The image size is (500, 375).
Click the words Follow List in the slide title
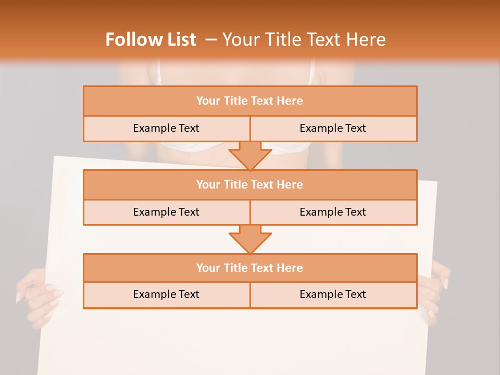click(151, 40)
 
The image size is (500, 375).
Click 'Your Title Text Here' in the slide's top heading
click(304, 40)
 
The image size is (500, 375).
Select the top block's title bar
click(249, 101)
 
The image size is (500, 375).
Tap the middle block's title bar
click(249, 184)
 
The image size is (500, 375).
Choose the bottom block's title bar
click(249, 268)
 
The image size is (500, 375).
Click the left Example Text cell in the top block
click(166, 128)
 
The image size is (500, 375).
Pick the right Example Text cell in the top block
click(333, 128)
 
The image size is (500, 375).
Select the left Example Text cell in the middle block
click(166, 212)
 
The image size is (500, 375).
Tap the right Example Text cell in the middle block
click(333, 212)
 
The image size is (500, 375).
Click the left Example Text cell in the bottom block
click(166, 294)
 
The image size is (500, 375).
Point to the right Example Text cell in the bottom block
click(333, 294)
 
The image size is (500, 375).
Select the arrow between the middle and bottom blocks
click(250, 239)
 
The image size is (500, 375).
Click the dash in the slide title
click(211, 40)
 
